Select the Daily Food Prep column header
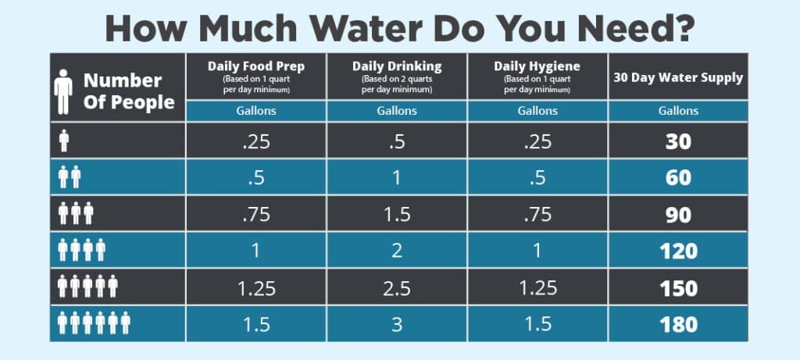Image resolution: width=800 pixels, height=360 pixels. (x=255, y=66)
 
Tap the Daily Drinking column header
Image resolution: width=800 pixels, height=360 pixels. (x=396, y=66)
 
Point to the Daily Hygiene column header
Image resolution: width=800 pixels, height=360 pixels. (x=536, y=66)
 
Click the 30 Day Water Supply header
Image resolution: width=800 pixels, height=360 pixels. (x=677, y=77)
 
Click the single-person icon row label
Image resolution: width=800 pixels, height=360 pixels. (x=64, y=141)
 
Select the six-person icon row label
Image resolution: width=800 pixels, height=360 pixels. (x=94, y=323)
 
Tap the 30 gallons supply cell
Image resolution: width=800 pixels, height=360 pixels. (x=678, y=141)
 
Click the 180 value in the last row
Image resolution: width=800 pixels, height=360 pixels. (x=678, y=323)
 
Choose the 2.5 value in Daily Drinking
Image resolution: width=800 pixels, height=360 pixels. (x=396, y=287)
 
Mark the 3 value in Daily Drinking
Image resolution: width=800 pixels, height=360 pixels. (x=396, y=323)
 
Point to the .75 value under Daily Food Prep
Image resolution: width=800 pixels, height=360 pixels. (x=255, y=214)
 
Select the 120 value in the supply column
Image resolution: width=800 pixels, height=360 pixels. (x=678, y=251)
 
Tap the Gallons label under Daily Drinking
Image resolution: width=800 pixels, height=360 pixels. (x=396, y=111)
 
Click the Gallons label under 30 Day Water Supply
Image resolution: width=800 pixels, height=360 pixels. (x=678, y=111)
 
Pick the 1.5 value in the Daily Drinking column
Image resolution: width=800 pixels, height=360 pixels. (x=396, y=214)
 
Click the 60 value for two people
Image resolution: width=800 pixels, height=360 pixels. (x=678, y=177)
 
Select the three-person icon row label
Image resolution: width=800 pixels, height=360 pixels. (x=76, y=214)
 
